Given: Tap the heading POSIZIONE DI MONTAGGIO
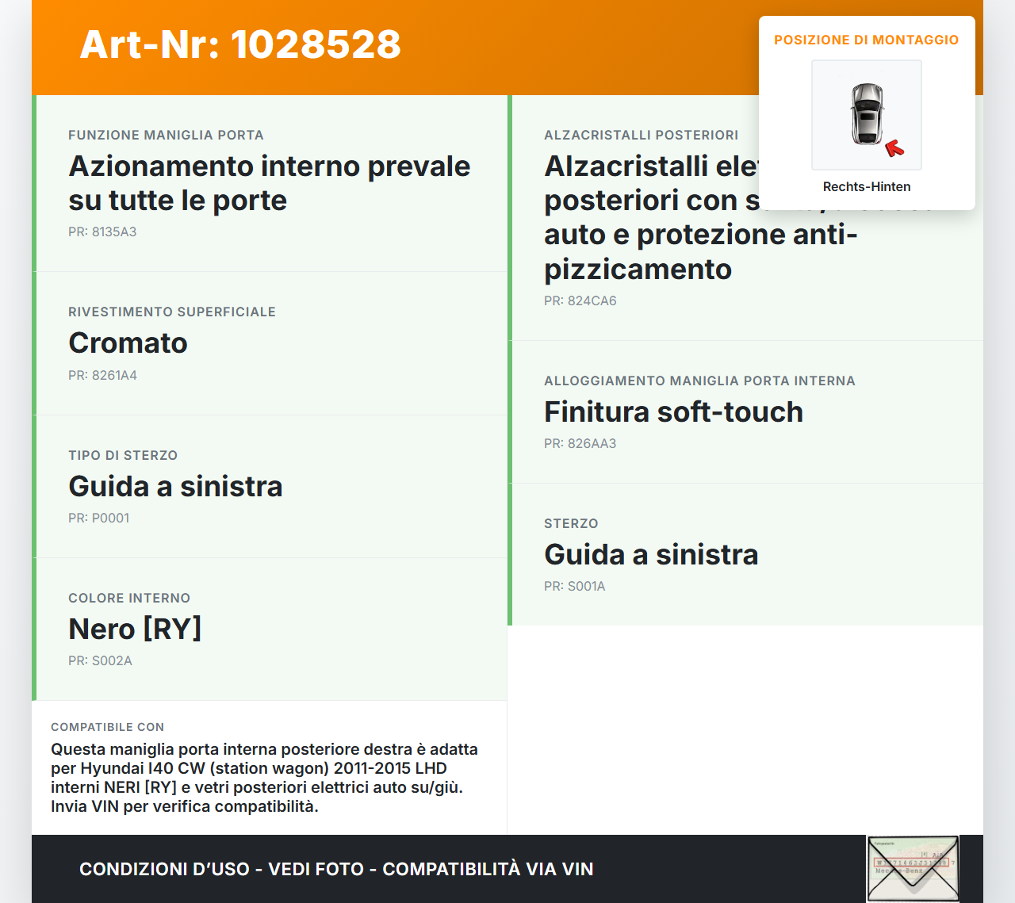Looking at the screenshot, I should coord(866,40).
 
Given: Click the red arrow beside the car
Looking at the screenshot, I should coord(894,148).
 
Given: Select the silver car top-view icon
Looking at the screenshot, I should coord(867,114).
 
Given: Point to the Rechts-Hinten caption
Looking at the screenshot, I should coord(866,186).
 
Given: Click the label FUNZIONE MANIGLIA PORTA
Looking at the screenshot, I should coord(166,135).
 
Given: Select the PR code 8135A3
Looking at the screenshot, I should coord(102,231).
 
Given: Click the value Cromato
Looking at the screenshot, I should coord(128,342).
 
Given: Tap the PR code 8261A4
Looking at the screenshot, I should coord(102,375).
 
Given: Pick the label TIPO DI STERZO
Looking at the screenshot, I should coord(123,455).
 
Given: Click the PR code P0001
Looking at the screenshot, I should coord(98,518).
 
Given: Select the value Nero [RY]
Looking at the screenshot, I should coord(135,629).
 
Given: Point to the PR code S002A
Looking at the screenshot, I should coord(100,660).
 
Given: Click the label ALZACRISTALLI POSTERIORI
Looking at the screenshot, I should coord(641,135).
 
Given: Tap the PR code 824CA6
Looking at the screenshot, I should coord(580,300).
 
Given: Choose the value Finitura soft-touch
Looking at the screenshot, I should coord(673,411).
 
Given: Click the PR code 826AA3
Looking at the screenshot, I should coord(580,443).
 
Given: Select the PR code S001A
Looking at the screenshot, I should coord(574,586).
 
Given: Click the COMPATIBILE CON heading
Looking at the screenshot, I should coord(107,727).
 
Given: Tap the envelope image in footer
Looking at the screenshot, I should coord(913,869).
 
